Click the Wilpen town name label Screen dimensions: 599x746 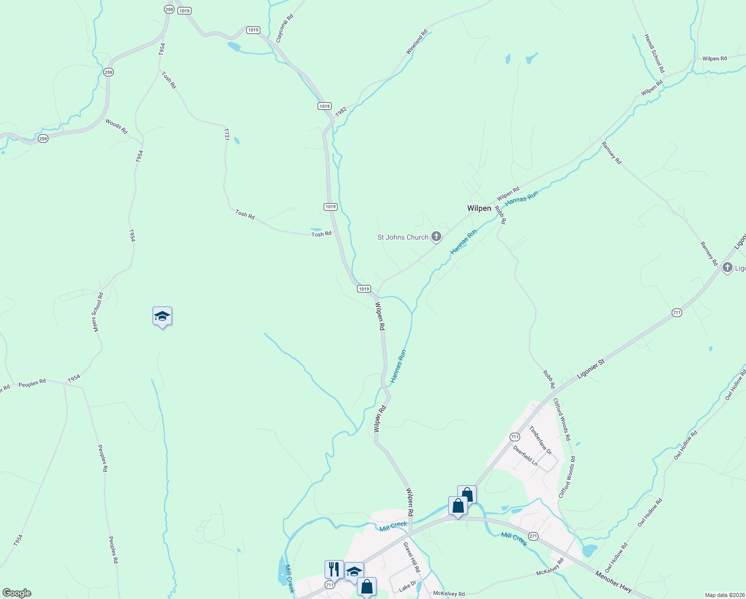coord(479,208)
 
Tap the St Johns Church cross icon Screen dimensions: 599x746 coord(436,237)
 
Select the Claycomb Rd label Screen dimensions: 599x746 coord(284,28)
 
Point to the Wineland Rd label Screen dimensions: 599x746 coord(417,42)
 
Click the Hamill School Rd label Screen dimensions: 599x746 coord(654,53)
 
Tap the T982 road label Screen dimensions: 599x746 coord(341,112)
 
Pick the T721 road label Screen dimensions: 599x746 coord(226,134)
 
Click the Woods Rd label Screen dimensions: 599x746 coord(116,126)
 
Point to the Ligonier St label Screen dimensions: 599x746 coord(590,368)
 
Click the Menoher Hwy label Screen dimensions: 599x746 coord(613,582)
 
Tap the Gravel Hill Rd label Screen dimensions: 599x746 coord(412,557)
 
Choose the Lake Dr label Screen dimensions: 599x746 coord(407,586)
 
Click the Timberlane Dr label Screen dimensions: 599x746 coord(541,440)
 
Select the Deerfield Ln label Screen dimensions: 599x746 coord(525,455)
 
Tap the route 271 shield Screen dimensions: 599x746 coord(533,536)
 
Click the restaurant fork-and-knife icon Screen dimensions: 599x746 coord(334,569)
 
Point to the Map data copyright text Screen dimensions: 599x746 coord(724,595)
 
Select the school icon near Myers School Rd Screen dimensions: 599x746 coord(162,316)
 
